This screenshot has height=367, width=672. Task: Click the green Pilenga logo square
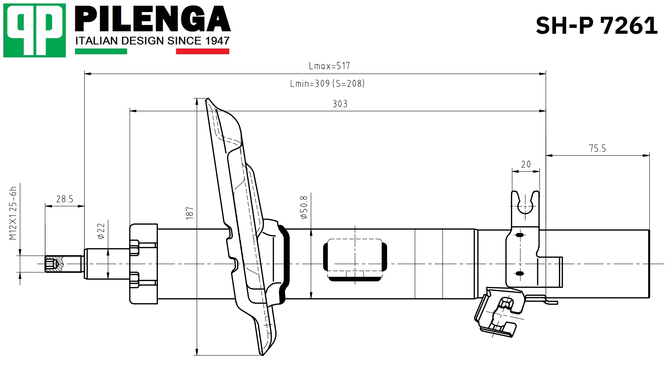35,30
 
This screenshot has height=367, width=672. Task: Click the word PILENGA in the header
153,19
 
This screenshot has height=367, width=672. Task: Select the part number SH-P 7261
597,26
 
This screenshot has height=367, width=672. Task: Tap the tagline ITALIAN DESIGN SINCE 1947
152,41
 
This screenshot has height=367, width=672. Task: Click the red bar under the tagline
203,51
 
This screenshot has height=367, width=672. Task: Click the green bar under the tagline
101,51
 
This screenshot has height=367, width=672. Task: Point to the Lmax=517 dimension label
329,66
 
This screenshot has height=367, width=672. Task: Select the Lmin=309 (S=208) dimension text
327,84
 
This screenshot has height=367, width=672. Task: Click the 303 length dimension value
340,104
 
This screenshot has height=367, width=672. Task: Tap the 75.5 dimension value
597,148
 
